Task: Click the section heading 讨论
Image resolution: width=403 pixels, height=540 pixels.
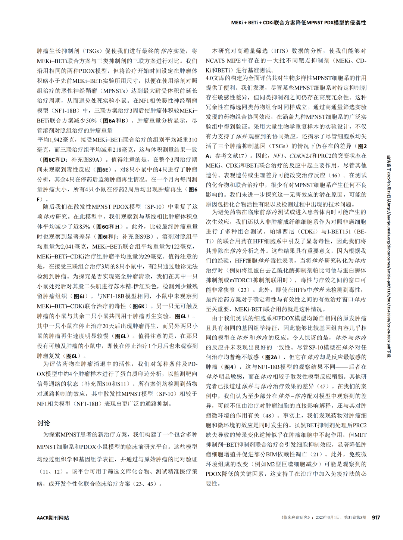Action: [43, 423]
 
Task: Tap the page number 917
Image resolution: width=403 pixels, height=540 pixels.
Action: [376, 517]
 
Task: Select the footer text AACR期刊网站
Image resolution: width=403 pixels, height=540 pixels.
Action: [53, 518]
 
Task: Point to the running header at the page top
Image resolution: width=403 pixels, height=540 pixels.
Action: [298, 22]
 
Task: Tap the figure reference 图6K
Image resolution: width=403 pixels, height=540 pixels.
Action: [138, 306]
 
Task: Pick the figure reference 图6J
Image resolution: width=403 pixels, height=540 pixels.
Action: [80, 296]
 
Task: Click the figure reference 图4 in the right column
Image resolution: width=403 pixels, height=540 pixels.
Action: [228, 367]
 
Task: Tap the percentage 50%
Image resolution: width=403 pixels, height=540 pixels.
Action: [91, 121]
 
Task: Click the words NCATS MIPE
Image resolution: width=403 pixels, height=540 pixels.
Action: [223, 61]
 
